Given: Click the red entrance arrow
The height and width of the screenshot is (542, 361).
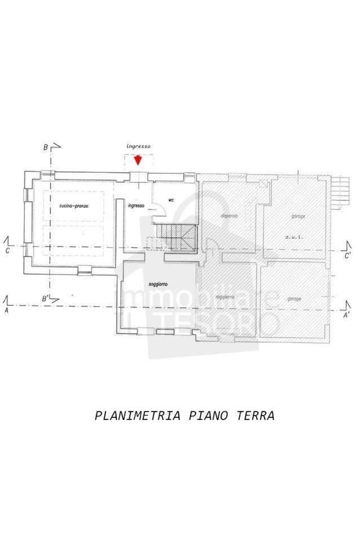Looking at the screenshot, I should click(x=138, y=160).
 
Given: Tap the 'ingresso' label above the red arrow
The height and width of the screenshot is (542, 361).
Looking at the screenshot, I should click(x=138, y=146).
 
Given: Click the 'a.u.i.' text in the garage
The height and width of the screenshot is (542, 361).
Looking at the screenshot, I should click(x=294, y=237).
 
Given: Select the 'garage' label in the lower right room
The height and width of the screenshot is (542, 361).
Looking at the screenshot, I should click(x=293, y=298).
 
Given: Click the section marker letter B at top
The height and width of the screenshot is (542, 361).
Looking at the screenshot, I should click(x=45, y=148).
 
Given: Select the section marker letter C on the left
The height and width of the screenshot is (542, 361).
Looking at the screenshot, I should click(x=7, y=251).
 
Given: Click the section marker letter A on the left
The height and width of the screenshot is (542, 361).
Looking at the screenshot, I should click(x=6, y=311).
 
